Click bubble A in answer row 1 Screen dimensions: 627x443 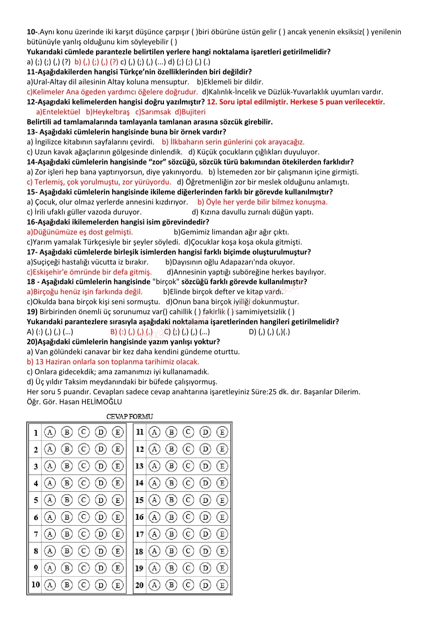click(50, 432)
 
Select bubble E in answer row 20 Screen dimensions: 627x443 click(222, 585)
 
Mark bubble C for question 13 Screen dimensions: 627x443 click(188, 466)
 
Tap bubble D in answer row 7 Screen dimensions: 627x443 click(101, 534)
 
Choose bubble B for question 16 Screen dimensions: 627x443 click(171, 517)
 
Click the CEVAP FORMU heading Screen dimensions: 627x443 click(130, 416)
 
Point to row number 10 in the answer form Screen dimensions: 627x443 click(36, 585)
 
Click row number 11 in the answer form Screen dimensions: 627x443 click(140, 432)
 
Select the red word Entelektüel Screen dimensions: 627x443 click(58, 112)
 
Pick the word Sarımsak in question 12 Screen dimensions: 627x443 click(153, 112)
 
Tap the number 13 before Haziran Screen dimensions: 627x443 click(39, 362)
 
